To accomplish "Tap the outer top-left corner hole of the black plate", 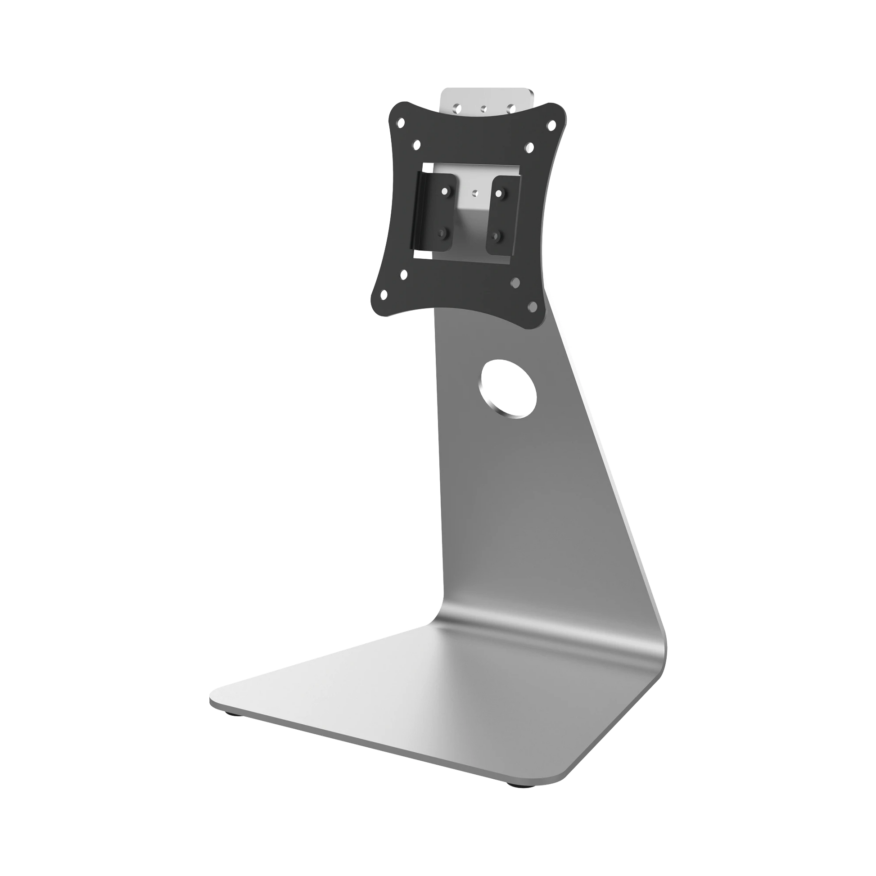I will pos(401,123).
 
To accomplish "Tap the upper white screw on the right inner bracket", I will pos(499,194).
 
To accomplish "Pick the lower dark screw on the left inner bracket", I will pos(441,234).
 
